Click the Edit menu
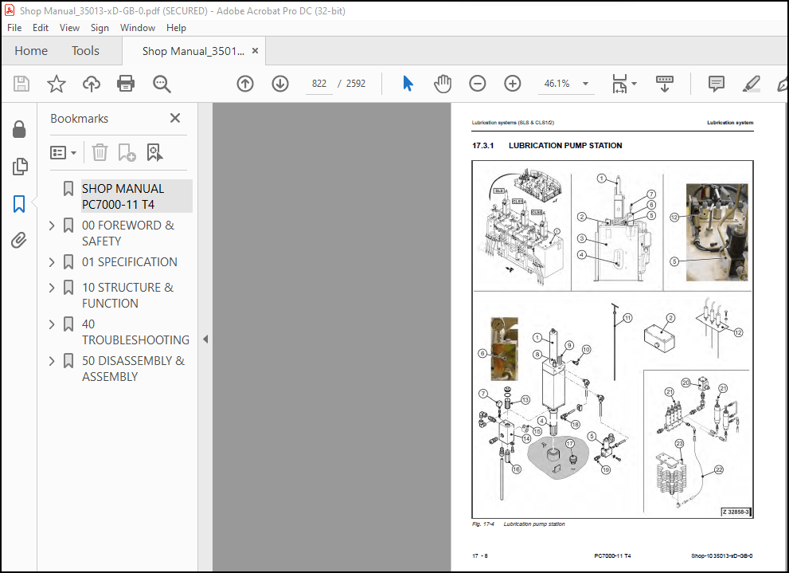41,27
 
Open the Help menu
176,27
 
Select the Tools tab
85,51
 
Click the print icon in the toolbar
126,84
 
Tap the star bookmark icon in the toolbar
57,84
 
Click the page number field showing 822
319,84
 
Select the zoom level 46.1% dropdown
566,84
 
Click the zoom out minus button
477,84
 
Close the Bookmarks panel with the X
175,118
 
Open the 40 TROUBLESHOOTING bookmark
135,332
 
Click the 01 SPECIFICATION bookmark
129,261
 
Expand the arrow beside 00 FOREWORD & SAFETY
53,226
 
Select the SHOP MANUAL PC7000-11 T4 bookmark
123,196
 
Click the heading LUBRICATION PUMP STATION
565,146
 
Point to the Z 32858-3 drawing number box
736,512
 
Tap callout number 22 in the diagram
718,470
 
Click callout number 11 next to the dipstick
627,318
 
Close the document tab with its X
255,51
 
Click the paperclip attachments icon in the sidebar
19,241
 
